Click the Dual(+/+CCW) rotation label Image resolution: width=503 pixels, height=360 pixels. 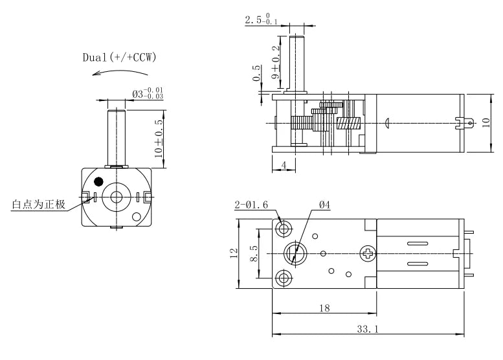click(x=119, y=58)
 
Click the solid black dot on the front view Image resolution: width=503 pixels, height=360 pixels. click(x=98, y=181)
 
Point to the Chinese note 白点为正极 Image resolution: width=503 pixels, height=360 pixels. click(x=38, y=205)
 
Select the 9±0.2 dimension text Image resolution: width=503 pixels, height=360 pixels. click(x=276, y=63)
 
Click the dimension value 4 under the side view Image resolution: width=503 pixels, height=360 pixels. click(x=285, y=165)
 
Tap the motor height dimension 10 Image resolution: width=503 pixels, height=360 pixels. click(x=486, y=123)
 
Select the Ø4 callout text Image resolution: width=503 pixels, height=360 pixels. click(x=324, y=206)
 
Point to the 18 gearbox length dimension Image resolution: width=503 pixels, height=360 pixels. click(x=324, y=308)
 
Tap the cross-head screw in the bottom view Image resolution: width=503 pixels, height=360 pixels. click(x=368, y=253)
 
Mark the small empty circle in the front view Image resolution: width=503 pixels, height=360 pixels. click(x=137, y=217)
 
